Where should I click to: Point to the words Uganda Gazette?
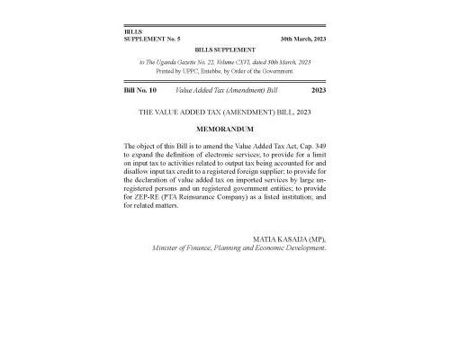[x=184, y=61]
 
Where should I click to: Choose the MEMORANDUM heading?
[x=224, y=130]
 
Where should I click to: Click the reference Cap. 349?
[x=308, y=146]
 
